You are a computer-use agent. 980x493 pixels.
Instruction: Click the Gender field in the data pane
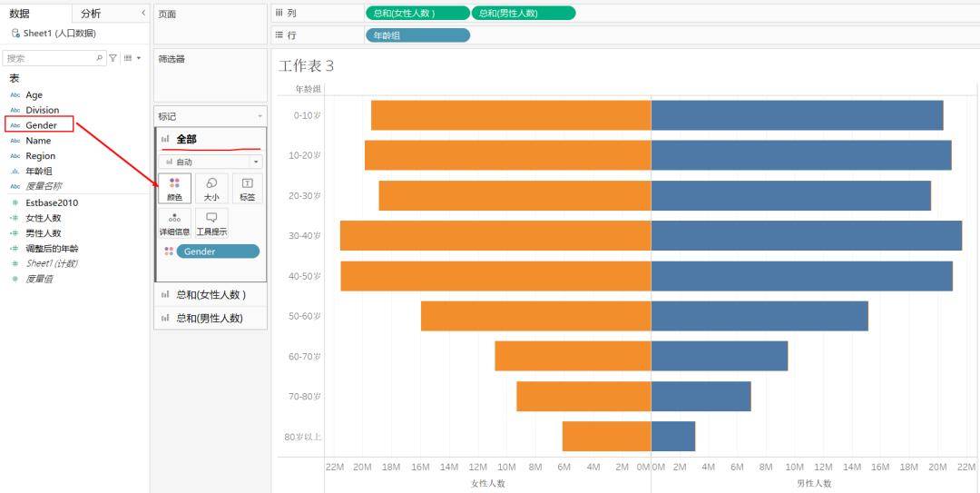pos(41,125)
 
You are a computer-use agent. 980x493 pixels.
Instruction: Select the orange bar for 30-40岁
pos(495,235)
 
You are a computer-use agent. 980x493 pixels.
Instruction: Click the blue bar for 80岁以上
pos(673,437)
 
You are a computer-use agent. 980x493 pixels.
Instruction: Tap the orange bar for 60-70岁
pos(573,356)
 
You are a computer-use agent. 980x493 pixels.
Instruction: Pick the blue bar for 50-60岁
pos(759,316)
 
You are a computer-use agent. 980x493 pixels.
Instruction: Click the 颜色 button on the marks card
pos(174,188)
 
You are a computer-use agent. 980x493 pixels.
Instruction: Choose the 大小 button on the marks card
pos(211,188)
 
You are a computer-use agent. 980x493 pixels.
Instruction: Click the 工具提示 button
pos(211,223)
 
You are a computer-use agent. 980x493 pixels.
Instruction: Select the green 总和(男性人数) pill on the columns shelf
pos(523,13)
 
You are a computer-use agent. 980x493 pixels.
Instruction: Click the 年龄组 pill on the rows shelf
pos(417,35)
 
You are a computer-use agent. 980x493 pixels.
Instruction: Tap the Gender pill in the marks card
pos(218,251)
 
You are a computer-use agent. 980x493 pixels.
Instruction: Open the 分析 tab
pos(91,14)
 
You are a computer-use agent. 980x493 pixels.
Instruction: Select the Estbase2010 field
pos(52,202)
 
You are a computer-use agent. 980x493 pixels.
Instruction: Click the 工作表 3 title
pos(307,66)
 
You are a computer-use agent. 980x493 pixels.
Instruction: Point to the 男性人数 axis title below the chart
pos(813,483)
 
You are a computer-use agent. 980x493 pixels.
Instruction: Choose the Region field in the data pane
pos(40,156)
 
